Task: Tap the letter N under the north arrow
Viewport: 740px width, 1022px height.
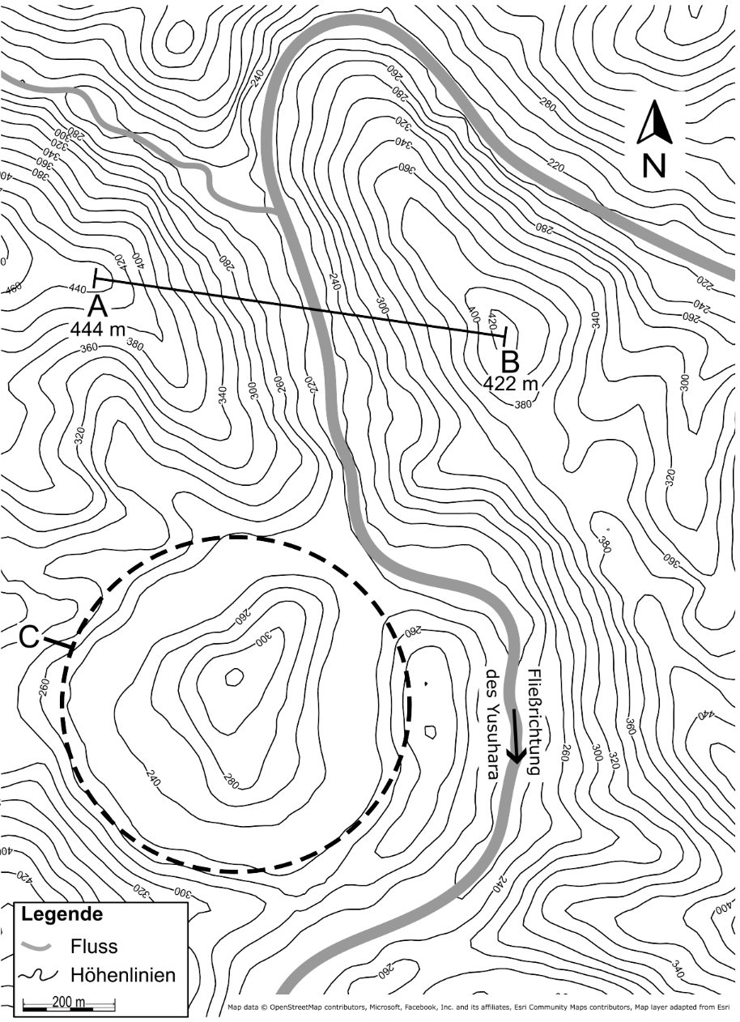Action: pyautogui.click(x=654, y=165)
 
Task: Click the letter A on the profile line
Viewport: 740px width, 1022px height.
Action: pyautogui.click(x=96, y=306)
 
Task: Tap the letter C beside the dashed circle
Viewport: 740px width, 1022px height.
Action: pyautogui.click(x=29, y=638)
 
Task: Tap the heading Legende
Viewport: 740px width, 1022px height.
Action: pyautogui.click(x=62, y=915)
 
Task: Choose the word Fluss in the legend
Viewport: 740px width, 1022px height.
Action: pyautogui.click(x=94, y=946)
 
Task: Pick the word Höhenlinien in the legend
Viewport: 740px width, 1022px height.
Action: pyautogui.click(x=122, y=975)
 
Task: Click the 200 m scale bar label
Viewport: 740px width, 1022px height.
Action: pyautogui.click(x=69, y=1002)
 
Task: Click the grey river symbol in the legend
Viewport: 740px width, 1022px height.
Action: pyautogui.click(x=37, y=946)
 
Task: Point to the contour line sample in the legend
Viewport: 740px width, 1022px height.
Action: pyautogui.click(x=37, y=976)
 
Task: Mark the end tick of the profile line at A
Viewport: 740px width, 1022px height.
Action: pyautogui.click(x=96, y=279)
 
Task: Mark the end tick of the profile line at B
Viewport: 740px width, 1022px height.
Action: pyautogui.click(x=506, y=333)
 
